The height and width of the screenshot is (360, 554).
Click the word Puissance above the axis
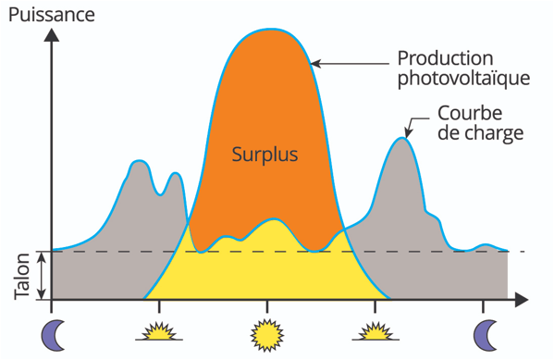tap(49, 13)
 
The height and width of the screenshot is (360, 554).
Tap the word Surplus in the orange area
tap(265, 154)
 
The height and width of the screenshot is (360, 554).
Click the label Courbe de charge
tap(478, 122)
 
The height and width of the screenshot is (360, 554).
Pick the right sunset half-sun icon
tap(376, 331)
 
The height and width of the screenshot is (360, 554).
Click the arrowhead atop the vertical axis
tap(52, 36)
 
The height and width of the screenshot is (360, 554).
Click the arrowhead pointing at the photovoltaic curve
tap(315, 64)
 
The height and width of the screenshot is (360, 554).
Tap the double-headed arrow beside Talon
tap(41, 276)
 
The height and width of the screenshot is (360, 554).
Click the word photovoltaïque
tap(463, 78)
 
